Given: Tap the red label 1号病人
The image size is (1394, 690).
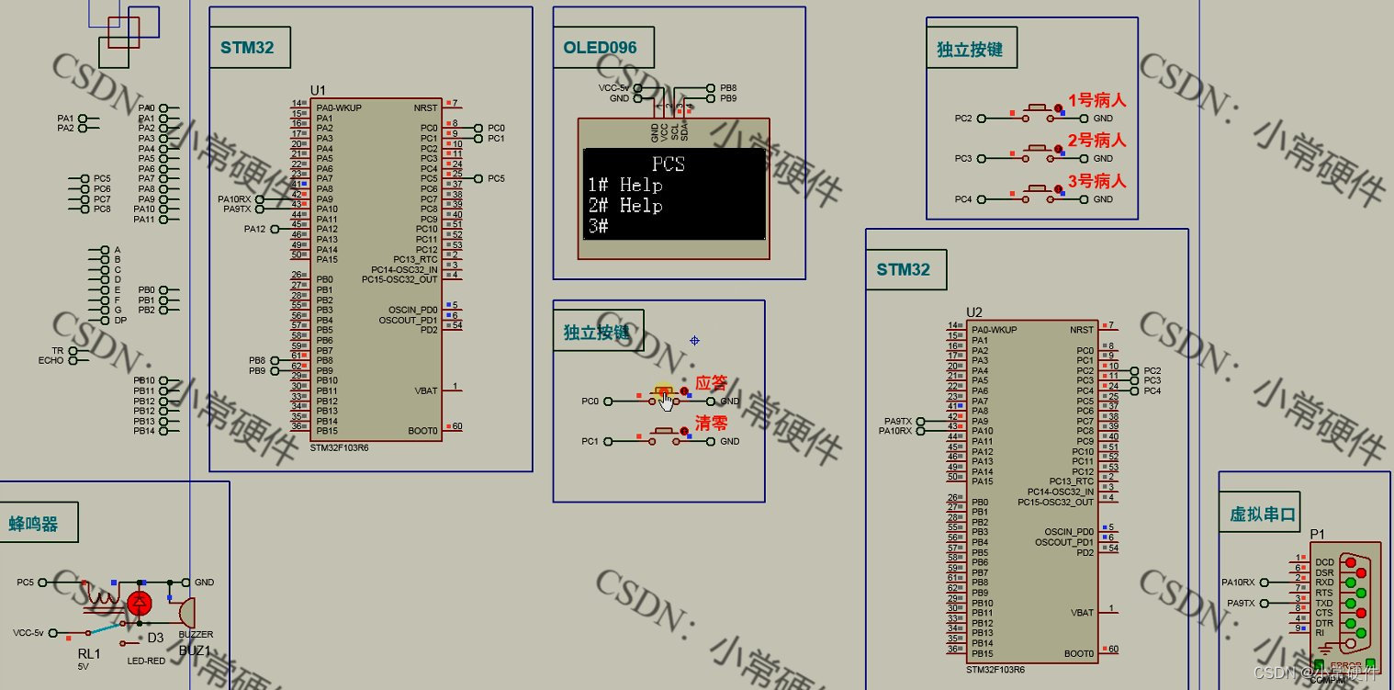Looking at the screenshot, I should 1096,100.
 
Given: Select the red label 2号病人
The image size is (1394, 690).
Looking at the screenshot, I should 1096,141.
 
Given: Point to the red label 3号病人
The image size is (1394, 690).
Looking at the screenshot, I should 1096,181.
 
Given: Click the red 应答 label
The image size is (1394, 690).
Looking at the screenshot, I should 712,383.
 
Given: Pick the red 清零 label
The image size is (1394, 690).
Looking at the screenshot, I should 712,424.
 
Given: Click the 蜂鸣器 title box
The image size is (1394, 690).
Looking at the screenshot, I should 34,524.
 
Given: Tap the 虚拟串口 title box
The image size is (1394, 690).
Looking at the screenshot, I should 1263,515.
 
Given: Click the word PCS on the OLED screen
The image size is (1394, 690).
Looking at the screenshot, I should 669,164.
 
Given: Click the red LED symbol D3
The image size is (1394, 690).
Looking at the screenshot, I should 140,604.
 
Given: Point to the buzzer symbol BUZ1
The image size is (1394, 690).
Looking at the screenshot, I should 184,610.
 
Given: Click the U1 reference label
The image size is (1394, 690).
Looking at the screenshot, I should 318,90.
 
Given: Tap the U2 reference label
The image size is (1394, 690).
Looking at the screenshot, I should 974,312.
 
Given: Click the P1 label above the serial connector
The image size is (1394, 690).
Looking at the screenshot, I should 1318,534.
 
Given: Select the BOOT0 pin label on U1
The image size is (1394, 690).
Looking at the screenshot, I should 422,431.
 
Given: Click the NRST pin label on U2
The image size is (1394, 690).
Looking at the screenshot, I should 1082,330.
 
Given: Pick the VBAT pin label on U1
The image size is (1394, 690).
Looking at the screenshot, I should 425,390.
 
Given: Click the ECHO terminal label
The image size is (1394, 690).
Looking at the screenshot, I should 51,361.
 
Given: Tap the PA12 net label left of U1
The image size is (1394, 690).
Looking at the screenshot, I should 254,229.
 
